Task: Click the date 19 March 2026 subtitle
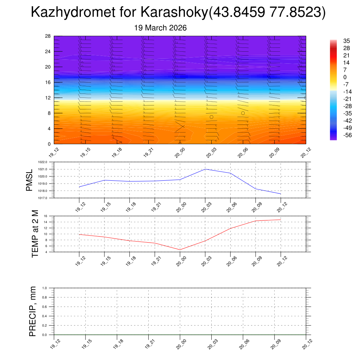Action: (x=160, y=28)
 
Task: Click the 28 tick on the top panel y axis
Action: (x=48, y=36)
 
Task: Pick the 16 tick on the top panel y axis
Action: (x=48, y=82)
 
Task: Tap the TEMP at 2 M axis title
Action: (x=35, y=233)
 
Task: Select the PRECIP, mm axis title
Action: (x=32, y=311)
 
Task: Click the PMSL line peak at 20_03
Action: (x=205, y=169)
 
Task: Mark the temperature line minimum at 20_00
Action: (x=180, y=250)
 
